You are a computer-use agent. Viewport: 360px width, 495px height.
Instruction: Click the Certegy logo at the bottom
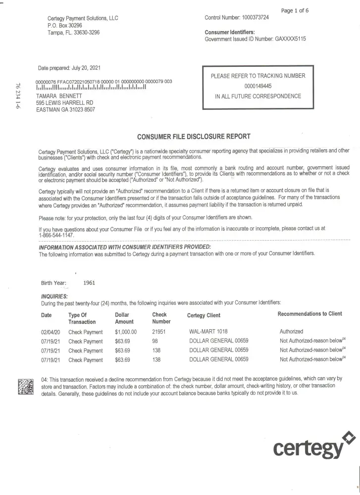[x=308, y=446]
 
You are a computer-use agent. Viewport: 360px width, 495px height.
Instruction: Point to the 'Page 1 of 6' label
[x=295, y=9]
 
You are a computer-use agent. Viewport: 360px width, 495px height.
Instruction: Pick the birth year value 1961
[x=90, y=283]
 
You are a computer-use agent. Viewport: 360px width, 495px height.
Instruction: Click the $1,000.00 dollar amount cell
[x=126, y=332]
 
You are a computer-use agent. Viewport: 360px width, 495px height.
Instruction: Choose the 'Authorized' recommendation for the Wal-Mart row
[x=292, y=332]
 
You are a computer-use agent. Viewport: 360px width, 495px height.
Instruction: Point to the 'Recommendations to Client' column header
[x=309, y=314]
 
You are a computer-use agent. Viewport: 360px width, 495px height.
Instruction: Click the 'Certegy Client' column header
[x=204, y=315]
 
